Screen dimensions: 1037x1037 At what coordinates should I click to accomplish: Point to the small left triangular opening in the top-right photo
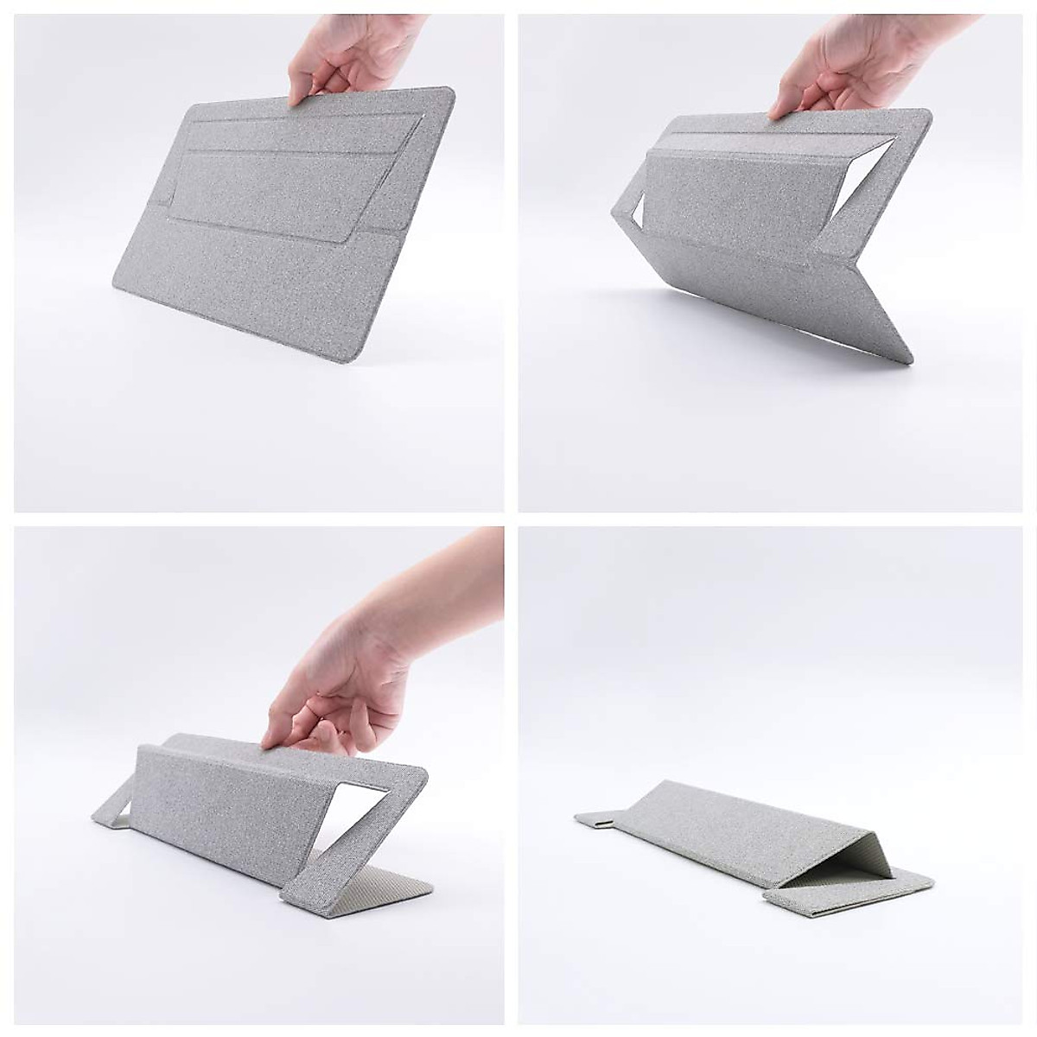[x=633, y=210]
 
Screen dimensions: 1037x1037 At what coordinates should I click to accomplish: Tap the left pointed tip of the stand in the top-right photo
[x=614, y=213]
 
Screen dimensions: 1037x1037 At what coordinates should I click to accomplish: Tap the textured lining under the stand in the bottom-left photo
[x=402, y=890]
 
